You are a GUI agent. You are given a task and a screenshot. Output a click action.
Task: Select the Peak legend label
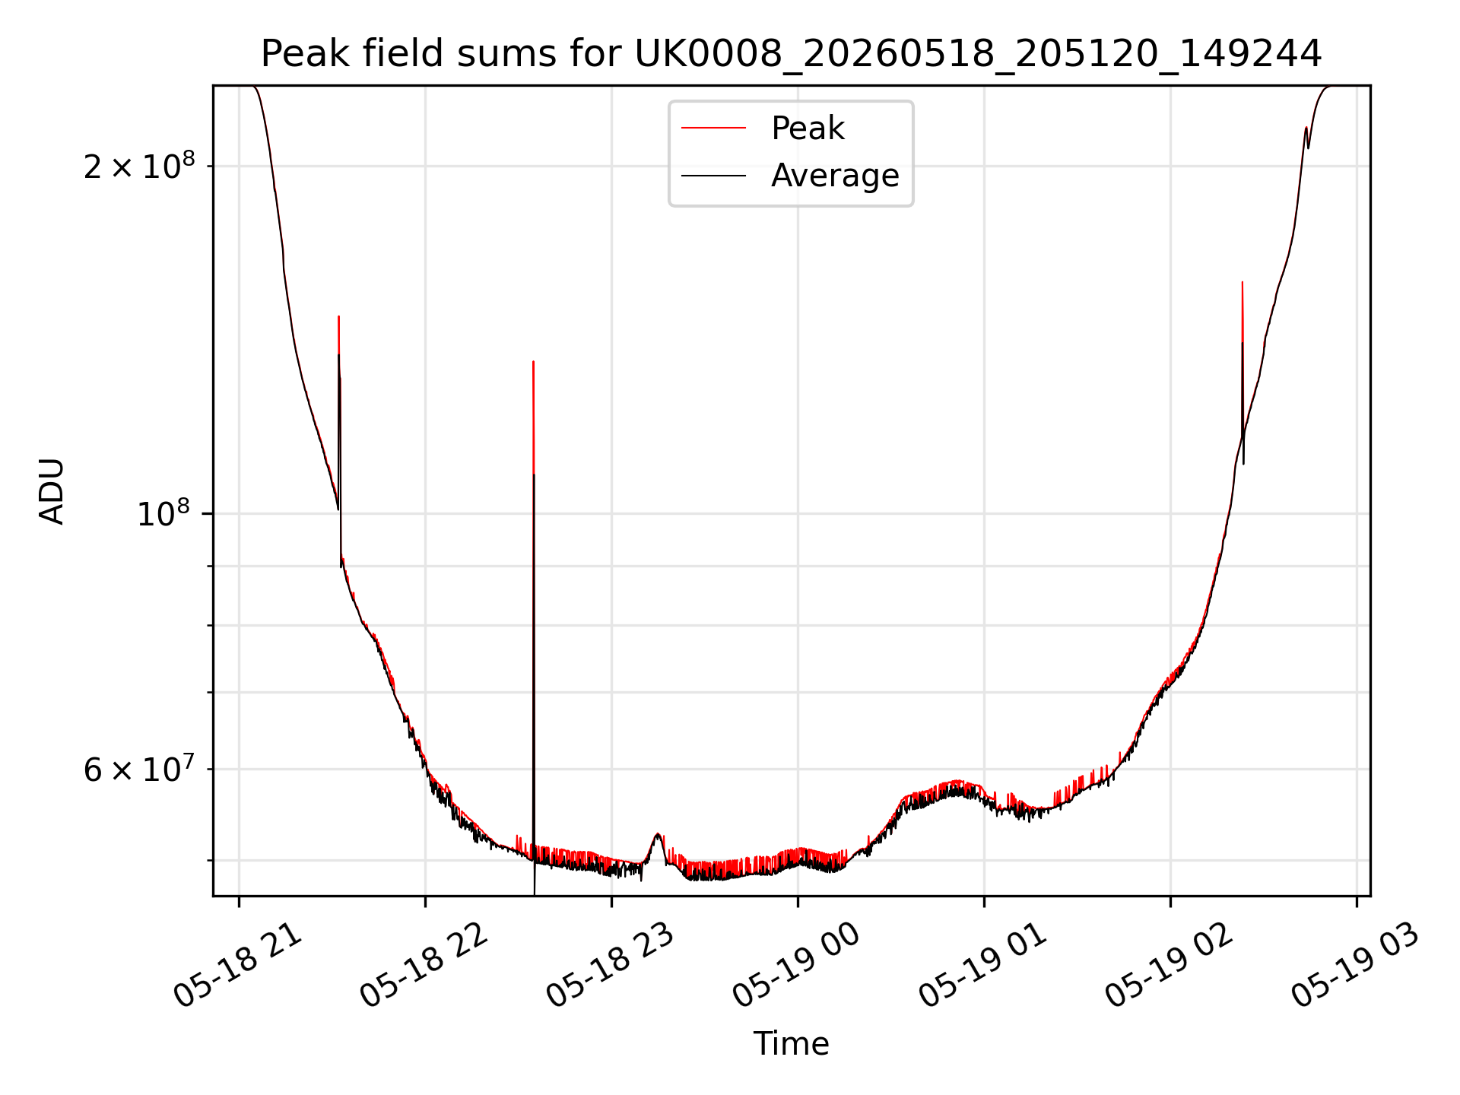tap(808, 129)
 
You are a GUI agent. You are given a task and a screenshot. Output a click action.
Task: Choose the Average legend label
tap(835, 176)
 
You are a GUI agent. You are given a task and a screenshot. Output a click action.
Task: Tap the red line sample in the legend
tap(713, 129)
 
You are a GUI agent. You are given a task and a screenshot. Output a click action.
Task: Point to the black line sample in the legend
tap(713, 176)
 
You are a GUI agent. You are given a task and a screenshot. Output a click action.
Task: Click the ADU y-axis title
tap(52, 491)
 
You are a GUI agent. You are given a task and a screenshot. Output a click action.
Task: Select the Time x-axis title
tap(791, 1044)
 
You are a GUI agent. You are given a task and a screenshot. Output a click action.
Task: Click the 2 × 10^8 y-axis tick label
tap(139, 166)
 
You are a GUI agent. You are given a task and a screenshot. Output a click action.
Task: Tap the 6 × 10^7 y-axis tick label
tap(139, 769)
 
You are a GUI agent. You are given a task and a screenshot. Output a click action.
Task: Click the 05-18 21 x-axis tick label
tap(238, 964)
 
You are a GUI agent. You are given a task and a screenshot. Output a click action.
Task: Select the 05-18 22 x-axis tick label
tap(424, 964)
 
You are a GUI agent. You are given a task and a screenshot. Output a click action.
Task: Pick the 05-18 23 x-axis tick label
tap(610, 964)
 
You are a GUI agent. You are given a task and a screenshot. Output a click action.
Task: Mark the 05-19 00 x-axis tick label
tap(796, 964)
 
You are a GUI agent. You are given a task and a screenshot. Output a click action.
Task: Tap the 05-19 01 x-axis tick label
tap(983, 964)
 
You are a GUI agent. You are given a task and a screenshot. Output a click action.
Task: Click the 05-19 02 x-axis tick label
tap(1169, 964)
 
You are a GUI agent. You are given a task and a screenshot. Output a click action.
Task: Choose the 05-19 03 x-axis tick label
tap(1355, 964)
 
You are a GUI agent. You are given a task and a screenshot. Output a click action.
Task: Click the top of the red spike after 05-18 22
tap(534, 362)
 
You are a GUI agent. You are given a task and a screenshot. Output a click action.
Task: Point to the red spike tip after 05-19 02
tap(1243, 282)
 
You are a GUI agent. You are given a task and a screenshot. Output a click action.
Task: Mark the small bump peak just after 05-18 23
tap(658, 834)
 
